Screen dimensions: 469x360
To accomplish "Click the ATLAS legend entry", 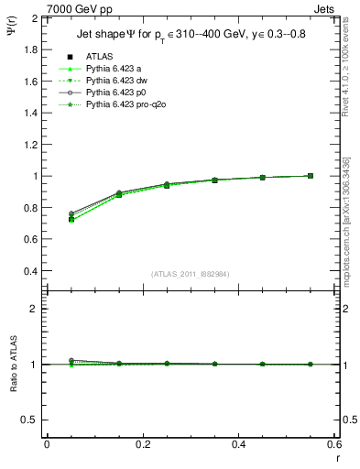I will [99, 57].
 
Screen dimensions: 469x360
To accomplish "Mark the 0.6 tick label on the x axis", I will [334, 444].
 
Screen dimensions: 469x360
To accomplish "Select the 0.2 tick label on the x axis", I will [142, 444].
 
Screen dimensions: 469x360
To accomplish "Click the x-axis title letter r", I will [337, 457].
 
